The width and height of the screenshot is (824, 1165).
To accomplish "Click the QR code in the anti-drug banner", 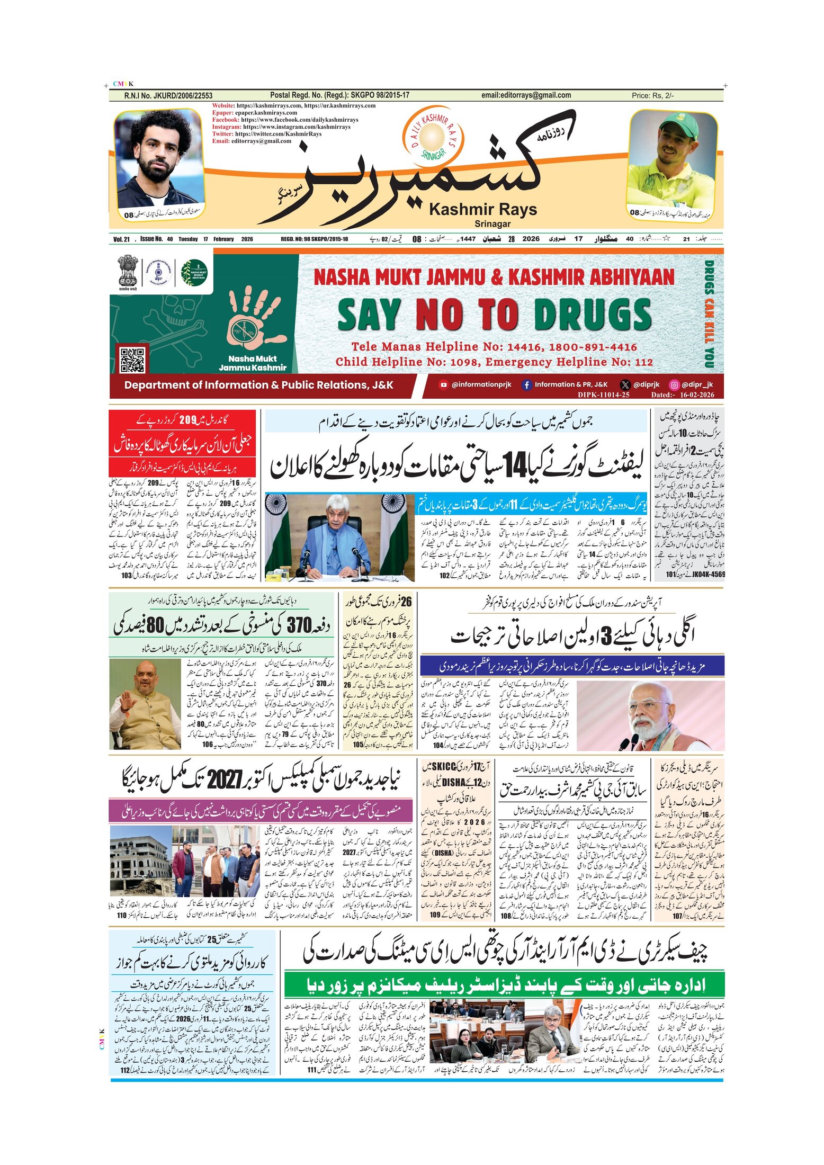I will [132, 360].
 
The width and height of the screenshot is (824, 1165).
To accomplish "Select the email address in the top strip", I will [526, 95].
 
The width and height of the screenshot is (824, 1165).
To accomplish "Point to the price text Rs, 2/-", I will [652, 96].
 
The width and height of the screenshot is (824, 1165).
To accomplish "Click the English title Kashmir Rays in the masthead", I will [482, 210].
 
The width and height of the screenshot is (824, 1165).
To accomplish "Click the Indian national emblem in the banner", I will [128, 271].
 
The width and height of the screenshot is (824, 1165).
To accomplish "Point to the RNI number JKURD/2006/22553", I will [168, 96].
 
